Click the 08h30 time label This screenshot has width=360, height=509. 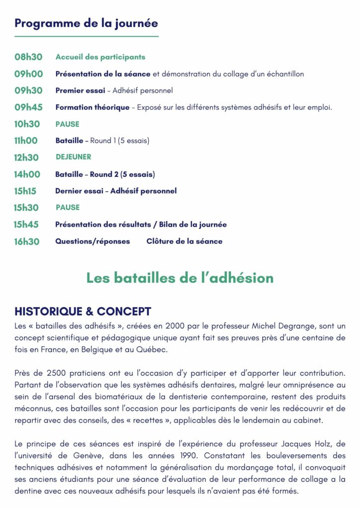coord(28,57)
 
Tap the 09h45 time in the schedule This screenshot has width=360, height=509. coord(28,107)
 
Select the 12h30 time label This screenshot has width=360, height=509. coord(26,158)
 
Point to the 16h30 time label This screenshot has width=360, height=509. coord(26,242)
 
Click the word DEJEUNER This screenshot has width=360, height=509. coord(74,157)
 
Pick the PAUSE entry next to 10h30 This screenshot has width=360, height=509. coord(68,124)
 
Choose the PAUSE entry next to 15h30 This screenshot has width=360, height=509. coord(68,207)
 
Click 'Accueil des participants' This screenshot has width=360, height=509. coord(100,57)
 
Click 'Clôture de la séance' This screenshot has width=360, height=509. coord(184,242)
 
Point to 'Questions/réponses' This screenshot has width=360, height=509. coord(92,242)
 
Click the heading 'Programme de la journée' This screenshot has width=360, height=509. coord(86,23)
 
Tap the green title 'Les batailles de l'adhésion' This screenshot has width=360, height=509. coord(180,278)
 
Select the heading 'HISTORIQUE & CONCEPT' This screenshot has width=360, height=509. coord(83,312)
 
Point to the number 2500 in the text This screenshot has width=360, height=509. coord(44,372)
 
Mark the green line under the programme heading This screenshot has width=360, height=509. coord(86,36)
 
